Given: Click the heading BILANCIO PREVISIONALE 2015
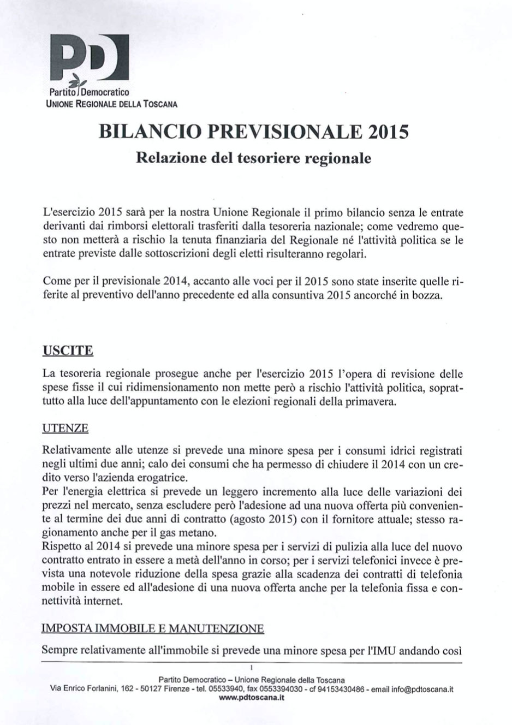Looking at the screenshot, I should click(x=253, y=132).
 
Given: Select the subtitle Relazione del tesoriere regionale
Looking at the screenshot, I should click(x=253, y=158).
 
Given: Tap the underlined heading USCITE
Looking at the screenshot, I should click(x=67, y=350).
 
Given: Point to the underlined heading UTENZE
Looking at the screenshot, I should click(x=65, y=429).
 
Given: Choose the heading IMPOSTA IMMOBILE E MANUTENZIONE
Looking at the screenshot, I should click(x=153, y=628).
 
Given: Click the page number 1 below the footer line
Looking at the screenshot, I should click(x=249, y=667).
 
